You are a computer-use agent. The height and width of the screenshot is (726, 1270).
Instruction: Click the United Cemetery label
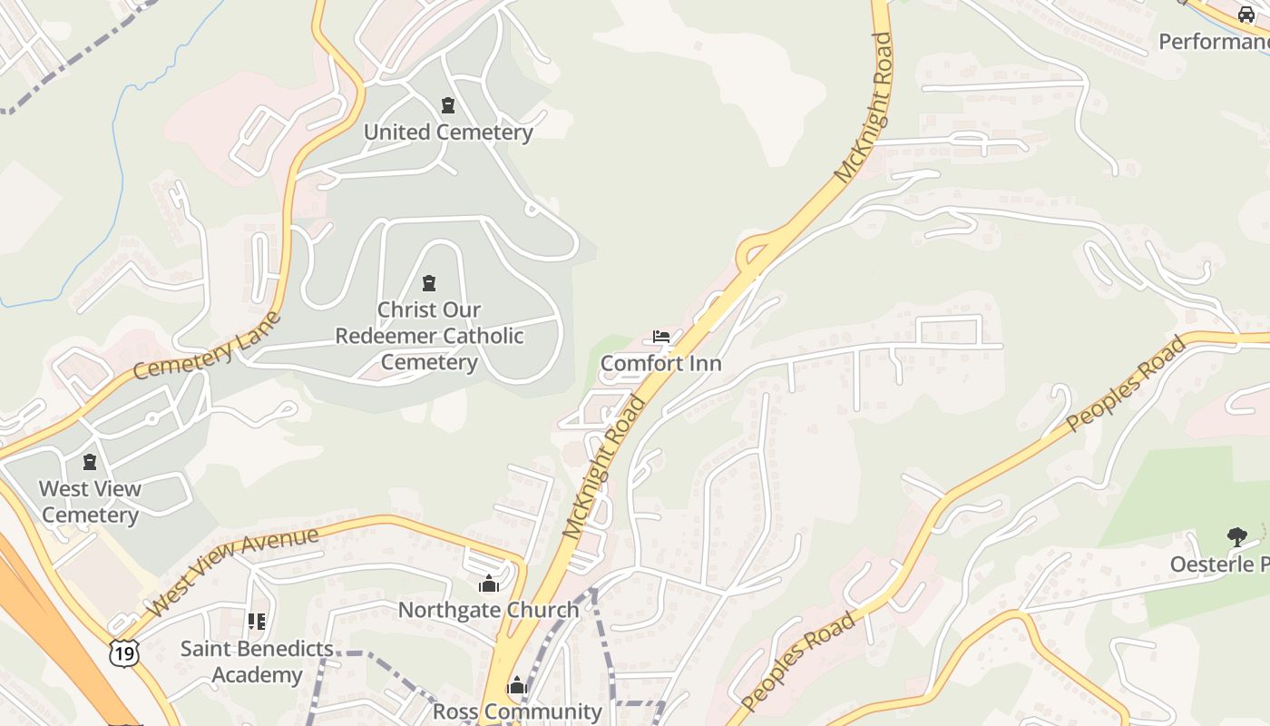click(448, 132)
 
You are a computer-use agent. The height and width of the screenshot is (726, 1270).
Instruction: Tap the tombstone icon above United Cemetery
click(448, 105)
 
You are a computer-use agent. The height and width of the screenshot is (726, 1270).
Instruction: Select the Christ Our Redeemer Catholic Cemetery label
click(429, 336)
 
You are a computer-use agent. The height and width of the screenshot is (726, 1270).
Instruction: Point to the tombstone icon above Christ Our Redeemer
click(429, 283)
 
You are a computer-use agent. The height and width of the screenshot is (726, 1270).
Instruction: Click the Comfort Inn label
click(661, 364)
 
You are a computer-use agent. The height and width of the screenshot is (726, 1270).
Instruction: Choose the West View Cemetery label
click(90, 502)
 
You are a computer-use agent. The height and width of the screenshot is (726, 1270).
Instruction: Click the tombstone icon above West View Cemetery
click(90, 463)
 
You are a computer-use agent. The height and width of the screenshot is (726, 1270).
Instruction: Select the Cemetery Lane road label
click(208, 346)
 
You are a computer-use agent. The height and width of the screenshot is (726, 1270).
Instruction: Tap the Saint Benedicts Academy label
click(257, 662)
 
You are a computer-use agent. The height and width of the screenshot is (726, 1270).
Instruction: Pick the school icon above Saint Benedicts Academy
click(257, 622)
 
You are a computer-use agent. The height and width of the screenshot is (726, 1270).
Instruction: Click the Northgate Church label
click(489, 610)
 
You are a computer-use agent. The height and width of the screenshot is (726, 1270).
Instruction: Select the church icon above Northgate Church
click(489, 584)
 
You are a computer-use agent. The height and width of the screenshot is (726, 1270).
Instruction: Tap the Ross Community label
click(517, 711)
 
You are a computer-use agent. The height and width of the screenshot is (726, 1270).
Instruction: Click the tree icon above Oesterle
click(1236, 537)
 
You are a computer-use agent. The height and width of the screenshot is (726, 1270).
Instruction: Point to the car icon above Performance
click(1246, 15)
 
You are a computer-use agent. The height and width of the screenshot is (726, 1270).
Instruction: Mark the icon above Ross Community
click(517, 685)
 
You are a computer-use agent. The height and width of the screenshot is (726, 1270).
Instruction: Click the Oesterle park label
click(1219, 564)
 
